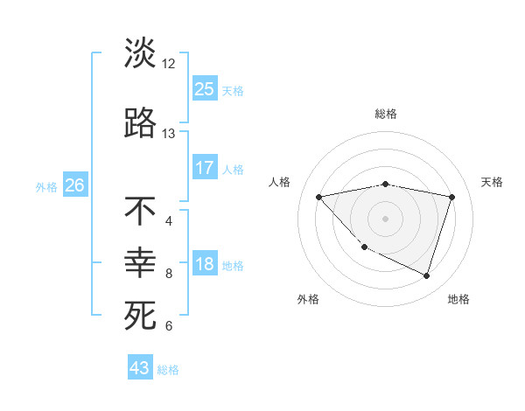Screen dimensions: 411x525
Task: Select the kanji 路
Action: pyautogui.click(x=140, y=123)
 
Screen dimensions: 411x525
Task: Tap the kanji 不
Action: pyautogui.click(x=140, y=211)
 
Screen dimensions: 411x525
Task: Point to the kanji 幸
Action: pyautogui.click(x=140, y=263)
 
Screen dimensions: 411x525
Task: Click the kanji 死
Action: pyautogui.click(x=140, y=317)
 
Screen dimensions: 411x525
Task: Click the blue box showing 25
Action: pyautogui.click(x=205, y=88)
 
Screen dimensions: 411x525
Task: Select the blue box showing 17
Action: pyautogui.click(x=205, y=168)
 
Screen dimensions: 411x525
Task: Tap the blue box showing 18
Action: pyautogui.click(x=205, y=265)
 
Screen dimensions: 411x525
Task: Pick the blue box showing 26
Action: pyautogui.click(x=75, y=185)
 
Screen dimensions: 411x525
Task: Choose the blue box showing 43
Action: pyautogui.click(x=140, y=368)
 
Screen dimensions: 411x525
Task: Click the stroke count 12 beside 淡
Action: pyautogui.click(x=169, y=63)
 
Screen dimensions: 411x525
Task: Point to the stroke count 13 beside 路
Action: pyautogui.click(x=169, y=134)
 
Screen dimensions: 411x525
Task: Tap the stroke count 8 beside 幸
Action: pyautogui.click(x=169, y=274)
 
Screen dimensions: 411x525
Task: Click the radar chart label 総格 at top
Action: pyautogui.click(x=386, y=114)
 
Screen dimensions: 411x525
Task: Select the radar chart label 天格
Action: pyautogui.click(x=493, y=182)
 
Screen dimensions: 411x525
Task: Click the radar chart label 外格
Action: pyautogui.click(x=308, y=299)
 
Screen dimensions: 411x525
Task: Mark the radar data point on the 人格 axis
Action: pyautogui.click(x=318, y=197)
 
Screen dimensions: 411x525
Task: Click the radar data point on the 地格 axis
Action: pyautogui.click(x=426, y=276)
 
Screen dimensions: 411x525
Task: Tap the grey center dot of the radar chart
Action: pyautogui.click(x=385, y=218)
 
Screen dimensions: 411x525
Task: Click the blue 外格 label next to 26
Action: pyautogui.click(x=46, y=186)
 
